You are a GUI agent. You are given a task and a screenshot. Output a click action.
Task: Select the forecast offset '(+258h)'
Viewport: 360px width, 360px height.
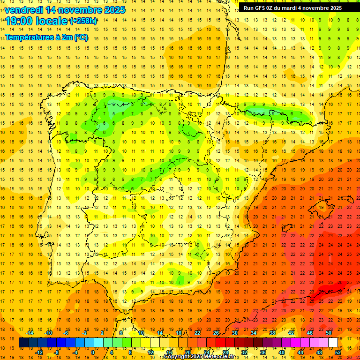(83, 21)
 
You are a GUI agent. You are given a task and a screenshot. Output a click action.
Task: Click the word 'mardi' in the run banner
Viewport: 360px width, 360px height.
(297, 8)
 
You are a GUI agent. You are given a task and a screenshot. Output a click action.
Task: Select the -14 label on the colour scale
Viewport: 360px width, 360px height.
(30, 333)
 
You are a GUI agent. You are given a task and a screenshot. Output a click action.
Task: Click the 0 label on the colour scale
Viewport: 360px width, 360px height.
(92, 352)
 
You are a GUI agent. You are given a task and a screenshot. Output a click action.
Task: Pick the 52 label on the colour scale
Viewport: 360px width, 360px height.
(338, 352)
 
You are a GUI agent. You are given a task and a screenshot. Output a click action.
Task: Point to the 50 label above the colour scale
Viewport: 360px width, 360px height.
(329, 333)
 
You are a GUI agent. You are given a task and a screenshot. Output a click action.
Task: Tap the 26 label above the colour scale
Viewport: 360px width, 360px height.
(216, 333)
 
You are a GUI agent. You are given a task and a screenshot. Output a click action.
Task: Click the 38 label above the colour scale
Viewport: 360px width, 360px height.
(272, 333)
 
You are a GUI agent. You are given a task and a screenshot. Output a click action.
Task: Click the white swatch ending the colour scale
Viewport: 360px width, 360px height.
(333, 343)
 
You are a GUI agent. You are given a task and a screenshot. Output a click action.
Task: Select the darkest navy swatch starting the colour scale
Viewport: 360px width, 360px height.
(23, 343)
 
